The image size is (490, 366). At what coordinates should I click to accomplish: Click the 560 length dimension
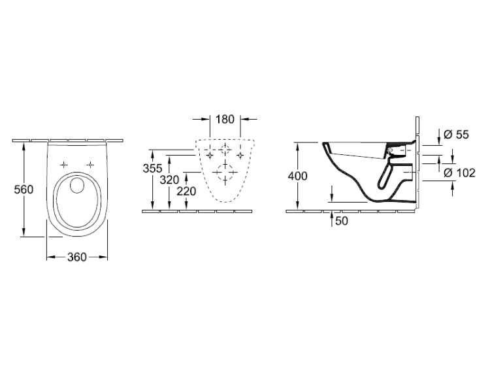click(24, 190)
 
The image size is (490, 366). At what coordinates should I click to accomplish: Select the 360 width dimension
click(77, 258)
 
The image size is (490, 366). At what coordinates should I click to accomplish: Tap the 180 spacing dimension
click(225, 119)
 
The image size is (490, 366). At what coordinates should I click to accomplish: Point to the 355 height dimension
click(152, 168)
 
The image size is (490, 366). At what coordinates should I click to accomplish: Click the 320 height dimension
click(169, 180)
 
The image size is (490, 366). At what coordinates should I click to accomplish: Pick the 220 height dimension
click(187, 191)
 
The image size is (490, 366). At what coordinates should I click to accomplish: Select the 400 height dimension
click(297, 176)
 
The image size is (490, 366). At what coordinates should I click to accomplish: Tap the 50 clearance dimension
click(342, 221)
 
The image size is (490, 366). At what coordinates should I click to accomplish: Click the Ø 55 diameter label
click(457, 135)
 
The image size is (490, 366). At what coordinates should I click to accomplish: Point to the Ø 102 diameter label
click(460, 173)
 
